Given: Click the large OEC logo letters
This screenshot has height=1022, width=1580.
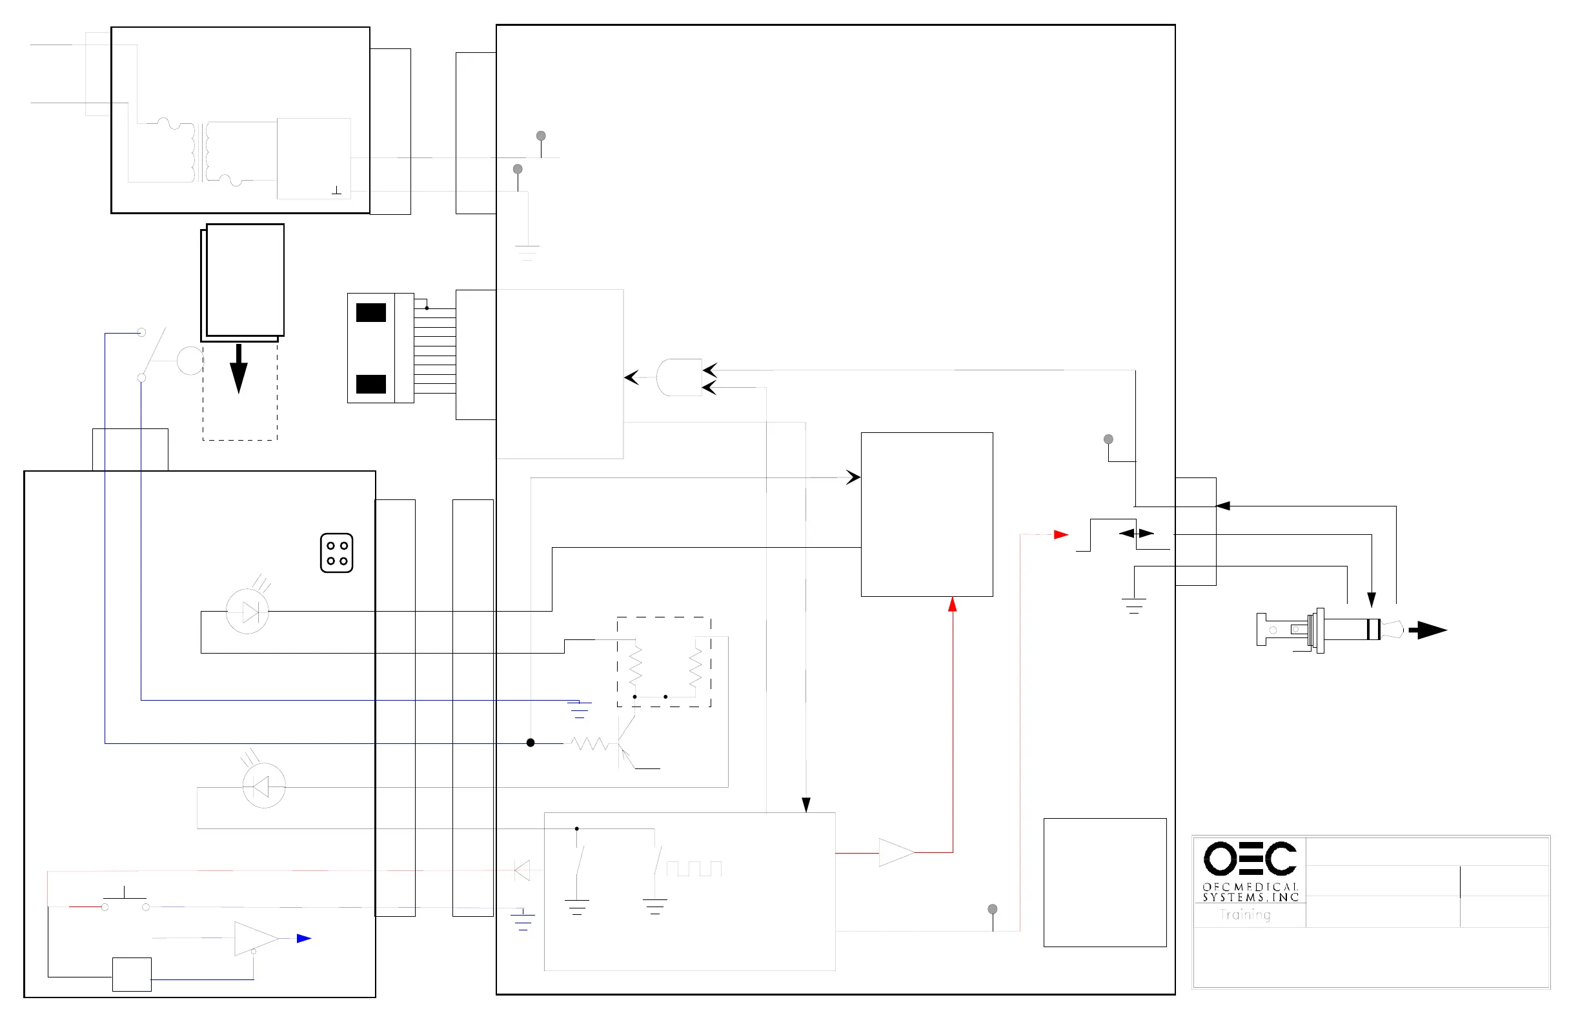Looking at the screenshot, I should click(1250, 859).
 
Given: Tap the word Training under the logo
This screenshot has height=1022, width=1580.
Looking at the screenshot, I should click(1245, 915).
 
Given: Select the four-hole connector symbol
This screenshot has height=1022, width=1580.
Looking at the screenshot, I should click(336, 553).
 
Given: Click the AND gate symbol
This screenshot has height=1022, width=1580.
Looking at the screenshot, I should click(678, 377).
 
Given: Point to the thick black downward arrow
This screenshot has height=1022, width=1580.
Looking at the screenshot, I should click(238, 369).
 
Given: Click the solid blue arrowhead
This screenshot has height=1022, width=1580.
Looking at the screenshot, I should click(304, 938).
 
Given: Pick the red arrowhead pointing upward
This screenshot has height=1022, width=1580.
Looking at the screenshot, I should click(953, 604).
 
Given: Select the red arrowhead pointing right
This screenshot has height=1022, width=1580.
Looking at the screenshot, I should click(1061, 534).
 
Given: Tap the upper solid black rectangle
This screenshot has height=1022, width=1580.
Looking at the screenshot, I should click(371, 312).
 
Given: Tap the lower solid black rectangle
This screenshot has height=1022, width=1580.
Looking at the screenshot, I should click(371, 385).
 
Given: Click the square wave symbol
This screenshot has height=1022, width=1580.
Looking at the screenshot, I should click(694, 868).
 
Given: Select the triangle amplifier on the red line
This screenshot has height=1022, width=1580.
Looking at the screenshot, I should click(896, 853).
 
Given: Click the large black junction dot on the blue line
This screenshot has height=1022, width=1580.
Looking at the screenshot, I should click(531, 743).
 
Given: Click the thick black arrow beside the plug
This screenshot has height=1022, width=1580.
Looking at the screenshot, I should click(1427, 630).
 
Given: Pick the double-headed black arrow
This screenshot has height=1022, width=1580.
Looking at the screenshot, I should click(1137, 533).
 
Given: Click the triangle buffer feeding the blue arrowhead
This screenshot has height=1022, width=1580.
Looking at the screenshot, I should click(255, 938).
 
